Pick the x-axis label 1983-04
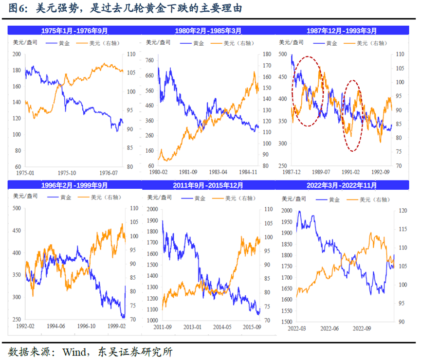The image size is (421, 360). pyautogui.click(x=218, y=173)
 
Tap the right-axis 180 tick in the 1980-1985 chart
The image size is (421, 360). pyautogui.click(x=267, y=54)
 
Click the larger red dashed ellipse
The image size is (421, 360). pyautogui.click(x=308, y=91)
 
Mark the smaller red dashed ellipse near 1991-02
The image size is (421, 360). pyautogui.click(x=353, y=115)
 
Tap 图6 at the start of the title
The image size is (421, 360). pyautogui.click(x=18, y=8)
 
